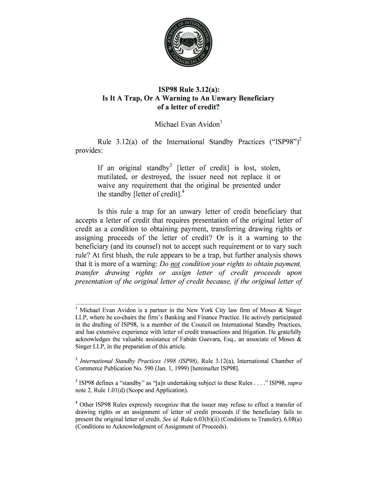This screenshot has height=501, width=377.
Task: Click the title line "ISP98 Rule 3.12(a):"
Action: click(188, 90)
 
